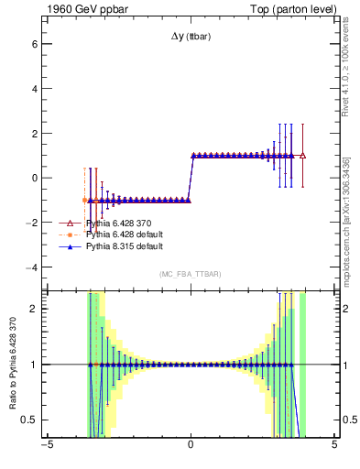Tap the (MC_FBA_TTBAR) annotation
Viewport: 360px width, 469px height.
tap(191, 274)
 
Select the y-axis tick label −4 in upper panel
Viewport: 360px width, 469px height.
tap(30, 267)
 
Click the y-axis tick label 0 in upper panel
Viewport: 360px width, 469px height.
tap(33, 179)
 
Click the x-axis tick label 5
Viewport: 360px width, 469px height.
tap(334, 446)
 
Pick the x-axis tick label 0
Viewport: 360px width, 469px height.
tap(191, 446)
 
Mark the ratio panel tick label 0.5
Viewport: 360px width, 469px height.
tap(28, 420)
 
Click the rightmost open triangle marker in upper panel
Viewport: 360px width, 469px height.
tap(302, 156)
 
